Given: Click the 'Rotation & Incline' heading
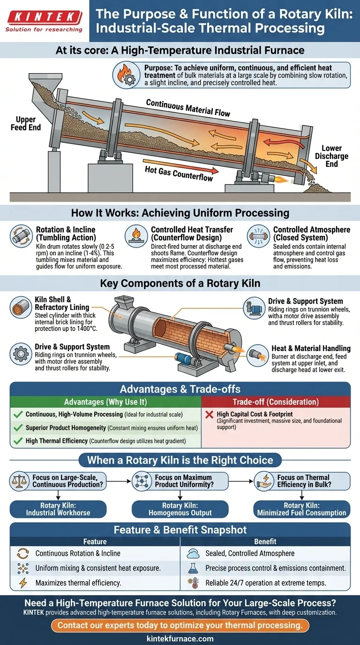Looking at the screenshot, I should click(x=65, y=230).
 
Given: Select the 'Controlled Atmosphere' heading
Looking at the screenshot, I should click(x=311, y=230).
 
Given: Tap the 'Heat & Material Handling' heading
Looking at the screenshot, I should click(x=311, y=348).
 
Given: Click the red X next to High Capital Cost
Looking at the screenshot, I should click(x=210, y=414).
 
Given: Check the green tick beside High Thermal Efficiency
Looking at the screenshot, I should click(x=18, y=441).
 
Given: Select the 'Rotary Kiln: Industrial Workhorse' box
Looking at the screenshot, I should click(x=58, y=509).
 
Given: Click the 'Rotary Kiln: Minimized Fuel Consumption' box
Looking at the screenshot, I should click(x=301, y=509).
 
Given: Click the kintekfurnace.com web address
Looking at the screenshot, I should click(x=180, y=638).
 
